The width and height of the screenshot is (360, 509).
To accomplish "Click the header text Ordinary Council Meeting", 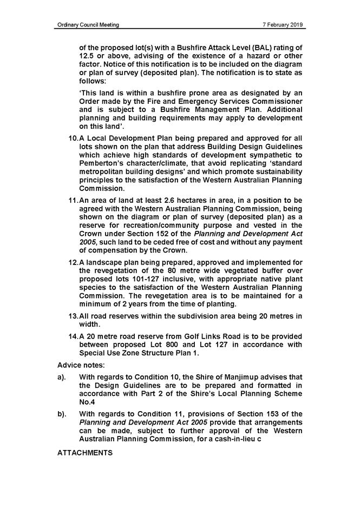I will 88,24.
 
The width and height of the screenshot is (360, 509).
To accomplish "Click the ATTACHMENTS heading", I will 84,452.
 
